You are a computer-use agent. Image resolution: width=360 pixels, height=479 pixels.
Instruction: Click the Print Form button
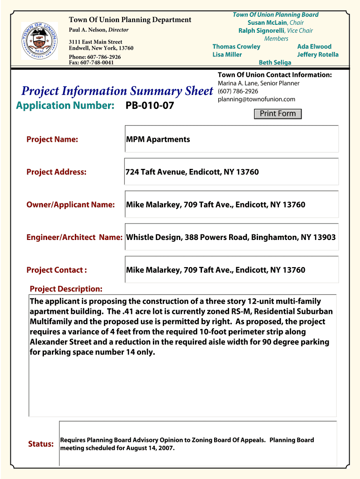point(278,114)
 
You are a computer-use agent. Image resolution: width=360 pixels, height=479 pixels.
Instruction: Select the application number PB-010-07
point(150,106)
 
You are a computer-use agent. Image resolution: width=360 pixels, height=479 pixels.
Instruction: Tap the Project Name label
point(52,139)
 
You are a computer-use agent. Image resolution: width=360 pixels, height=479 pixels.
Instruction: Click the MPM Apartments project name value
point(158,139)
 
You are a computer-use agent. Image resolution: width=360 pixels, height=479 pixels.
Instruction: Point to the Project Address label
point(57,172)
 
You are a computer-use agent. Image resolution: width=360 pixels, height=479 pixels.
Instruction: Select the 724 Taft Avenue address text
point(192,172)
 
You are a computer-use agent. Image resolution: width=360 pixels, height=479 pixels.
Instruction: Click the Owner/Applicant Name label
point(71,205)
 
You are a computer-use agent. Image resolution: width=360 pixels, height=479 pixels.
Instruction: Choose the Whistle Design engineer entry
point(231,237)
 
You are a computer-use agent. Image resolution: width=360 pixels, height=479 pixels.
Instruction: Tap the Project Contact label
point(57,270)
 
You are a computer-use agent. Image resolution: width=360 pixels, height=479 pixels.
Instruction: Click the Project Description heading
point(66,289)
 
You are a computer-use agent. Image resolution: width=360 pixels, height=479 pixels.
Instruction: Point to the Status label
point(41,444)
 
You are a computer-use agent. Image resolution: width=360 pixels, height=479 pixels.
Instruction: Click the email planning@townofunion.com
point(256,99)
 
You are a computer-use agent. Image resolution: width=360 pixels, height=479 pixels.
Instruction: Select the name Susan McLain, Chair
point(275,22)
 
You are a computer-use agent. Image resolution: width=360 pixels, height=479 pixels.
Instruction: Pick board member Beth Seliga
point(275,62)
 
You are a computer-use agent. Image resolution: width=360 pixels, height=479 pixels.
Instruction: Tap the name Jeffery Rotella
point(317,55)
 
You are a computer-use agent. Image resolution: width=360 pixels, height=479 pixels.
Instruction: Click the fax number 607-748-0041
point(91,62)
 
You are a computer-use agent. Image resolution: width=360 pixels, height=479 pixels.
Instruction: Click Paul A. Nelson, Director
point(99,30)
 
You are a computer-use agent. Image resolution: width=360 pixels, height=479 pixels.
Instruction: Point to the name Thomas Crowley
point(236,47)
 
